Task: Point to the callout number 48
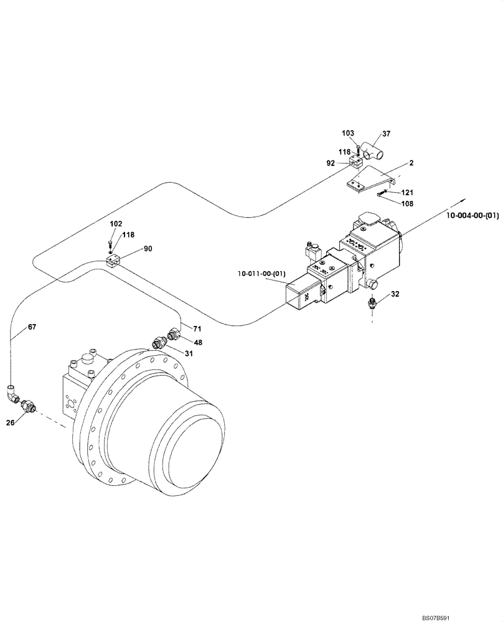click(198, 342)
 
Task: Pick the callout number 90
click(148, 249)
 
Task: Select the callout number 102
click(116, 223)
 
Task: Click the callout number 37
click(386, 133)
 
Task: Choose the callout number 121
click(407, 193)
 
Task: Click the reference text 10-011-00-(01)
click(261, 272)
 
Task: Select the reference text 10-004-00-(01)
click(472, 215)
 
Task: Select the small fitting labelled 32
click(372, 303)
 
